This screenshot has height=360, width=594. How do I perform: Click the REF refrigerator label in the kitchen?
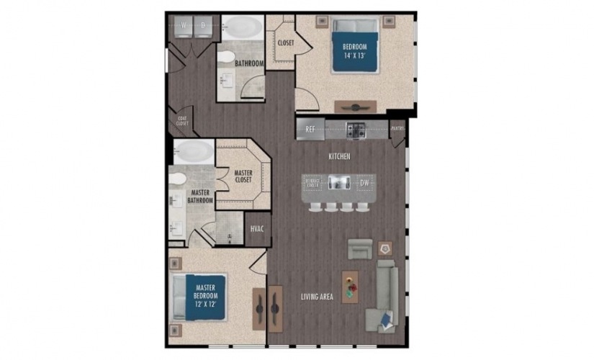point(310,130)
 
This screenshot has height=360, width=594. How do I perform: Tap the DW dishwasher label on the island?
point(364,183)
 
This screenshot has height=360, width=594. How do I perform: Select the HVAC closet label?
point(257,229)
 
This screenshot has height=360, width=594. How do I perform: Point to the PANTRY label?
point(397,130)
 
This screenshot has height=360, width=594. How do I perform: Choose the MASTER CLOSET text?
point(243,176)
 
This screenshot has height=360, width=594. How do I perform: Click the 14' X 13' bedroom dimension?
point(354,55)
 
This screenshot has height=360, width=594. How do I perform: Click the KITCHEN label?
point(339,156)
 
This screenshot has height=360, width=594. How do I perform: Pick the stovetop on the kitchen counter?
point(356,131)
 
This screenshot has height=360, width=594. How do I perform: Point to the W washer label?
point(184,26)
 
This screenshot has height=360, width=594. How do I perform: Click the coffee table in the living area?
point(350,287)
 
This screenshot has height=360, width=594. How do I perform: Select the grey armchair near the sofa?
point(360,249)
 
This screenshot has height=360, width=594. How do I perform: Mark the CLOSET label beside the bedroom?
point(285,43)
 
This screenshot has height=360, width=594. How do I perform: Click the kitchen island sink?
point(338,183)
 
